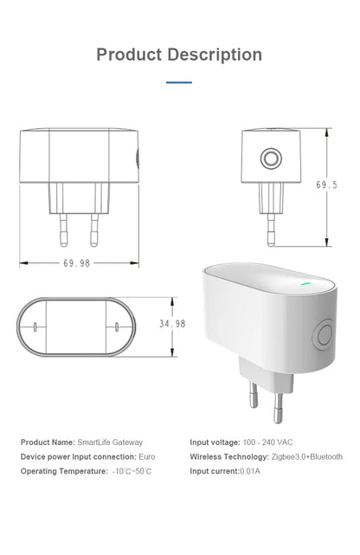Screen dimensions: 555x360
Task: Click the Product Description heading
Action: point(179,55)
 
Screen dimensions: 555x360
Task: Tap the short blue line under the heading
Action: point(179,83)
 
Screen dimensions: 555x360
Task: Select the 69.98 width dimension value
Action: point(76,263)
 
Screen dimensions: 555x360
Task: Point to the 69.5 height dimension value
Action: point(326,185)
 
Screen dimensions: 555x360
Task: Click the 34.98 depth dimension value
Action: point(172,324)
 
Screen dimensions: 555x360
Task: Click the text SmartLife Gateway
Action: point(110,442)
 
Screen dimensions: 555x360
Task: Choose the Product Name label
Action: point(48,442)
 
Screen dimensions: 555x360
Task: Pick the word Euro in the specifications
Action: point(146,456)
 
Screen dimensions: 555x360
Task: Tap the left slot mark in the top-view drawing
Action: point(34,327)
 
